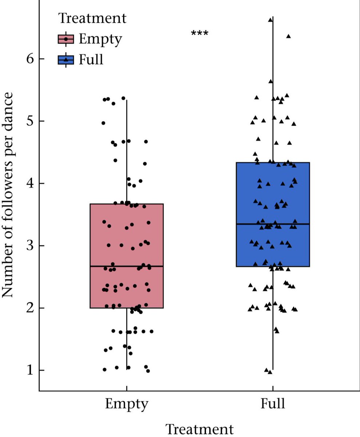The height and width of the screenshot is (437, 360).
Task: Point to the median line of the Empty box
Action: (127, 266)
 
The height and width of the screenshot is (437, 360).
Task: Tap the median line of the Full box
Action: (273, 224)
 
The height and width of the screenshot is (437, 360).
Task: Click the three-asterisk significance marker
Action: (200, 34)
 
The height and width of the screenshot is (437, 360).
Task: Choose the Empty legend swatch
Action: (66, 39)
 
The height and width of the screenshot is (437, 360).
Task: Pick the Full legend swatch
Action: (66, 59)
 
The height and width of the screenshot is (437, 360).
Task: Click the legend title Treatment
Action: (92, 18)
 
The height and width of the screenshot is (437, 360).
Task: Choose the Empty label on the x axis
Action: (127, 404)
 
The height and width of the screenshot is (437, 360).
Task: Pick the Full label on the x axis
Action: (273, 404)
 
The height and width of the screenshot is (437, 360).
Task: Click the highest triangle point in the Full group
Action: (270, 20)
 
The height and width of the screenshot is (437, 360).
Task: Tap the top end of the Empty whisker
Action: (127, 99)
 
